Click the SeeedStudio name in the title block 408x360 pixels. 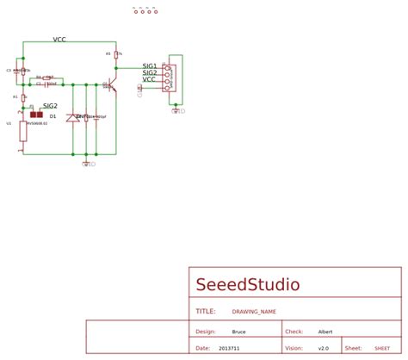pos(248,285)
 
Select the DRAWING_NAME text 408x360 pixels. pos(254,312)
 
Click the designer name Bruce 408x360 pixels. pos(238,332)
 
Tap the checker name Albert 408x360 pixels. pos(325,332)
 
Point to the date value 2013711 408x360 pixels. pos(229,349)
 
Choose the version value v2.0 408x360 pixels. pos(323,349)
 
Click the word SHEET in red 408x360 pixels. pos(381,349)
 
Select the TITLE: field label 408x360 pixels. pos(205,312)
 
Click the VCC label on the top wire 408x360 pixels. pos(59,40)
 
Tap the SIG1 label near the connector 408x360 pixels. pos(150,66)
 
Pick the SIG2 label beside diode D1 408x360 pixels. pos(50,106)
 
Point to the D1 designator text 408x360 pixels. pos(53,115)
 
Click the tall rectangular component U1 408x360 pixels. pos(22,130)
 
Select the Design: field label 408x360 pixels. pos(205,332)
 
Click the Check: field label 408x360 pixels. pos(294,332)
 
